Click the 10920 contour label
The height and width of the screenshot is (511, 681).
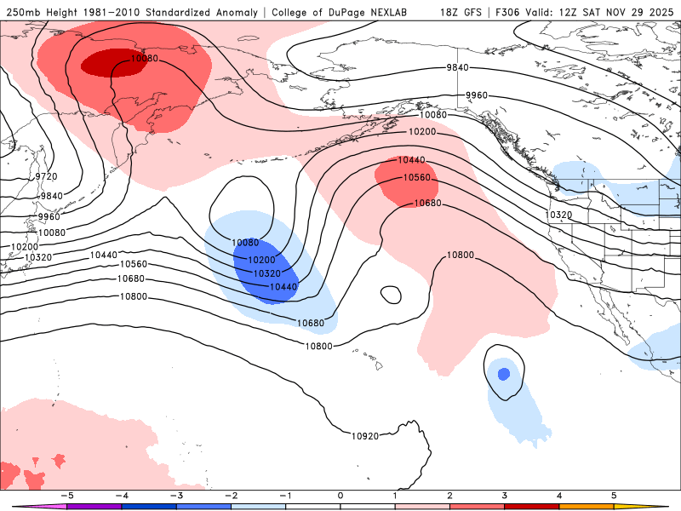pos(365,436)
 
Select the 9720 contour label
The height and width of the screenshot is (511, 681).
pos(46,176)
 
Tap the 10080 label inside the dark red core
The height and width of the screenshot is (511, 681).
pos(145,59)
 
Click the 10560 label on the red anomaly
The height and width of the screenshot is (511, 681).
pos(417,178)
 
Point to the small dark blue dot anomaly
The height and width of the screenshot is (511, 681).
pos(503,373)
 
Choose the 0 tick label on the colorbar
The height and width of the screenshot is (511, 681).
pos(340,495)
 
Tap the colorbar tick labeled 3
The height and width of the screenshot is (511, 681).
pos(505,495)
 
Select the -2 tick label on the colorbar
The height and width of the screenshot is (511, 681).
pos(231,495)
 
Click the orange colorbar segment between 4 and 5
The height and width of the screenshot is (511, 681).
pos(587,506)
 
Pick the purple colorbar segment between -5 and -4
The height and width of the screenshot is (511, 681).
pos(94,506)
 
